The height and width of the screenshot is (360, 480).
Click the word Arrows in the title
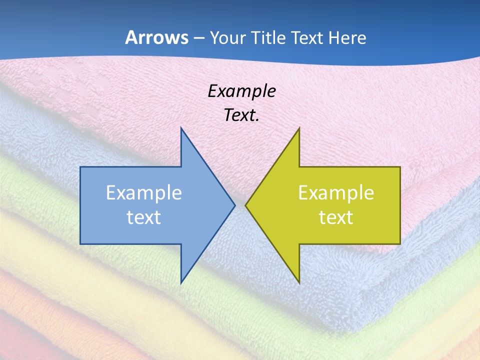click(x=156, y=37)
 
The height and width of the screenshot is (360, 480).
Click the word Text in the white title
click(x=307, y=37)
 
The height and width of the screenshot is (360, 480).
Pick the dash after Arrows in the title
click(x=198, y=38)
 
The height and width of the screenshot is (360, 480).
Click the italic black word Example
click(x=241, y=91)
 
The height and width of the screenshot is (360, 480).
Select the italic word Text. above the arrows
click(x=241, y=115)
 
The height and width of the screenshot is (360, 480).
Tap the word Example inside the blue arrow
click(x=144, y=193)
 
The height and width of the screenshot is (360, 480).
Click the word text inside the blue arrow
click(x=144, y=217)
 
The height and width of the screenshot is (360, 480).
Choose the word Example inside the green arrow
click(x=336, y=193)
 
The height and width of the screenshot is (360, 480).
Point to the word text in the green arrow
click(x=336, y=217)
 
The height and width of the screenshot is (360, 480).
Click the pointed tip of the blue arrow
click(x=234, y=205)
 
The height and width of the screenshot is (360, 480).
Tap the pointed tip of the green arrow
click(x=246, y=205)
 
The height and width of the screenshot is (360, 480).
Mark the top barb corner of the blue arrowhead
click(x=181, y=128)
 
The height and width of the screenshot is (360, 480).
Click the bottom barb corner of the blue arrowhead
click(x=181, y=282)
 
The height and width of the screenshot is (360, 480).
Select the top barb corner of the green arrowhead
click(x=299, y=128)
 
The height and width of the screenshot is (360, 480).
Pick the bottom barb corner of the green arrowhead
click(x=299, y=282)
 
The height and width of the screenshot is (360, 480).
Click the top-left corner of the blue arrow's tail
click(x=80, y=167)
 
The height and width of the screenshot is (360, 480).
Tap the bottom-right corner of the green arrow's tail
click(x=400, y=244)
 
